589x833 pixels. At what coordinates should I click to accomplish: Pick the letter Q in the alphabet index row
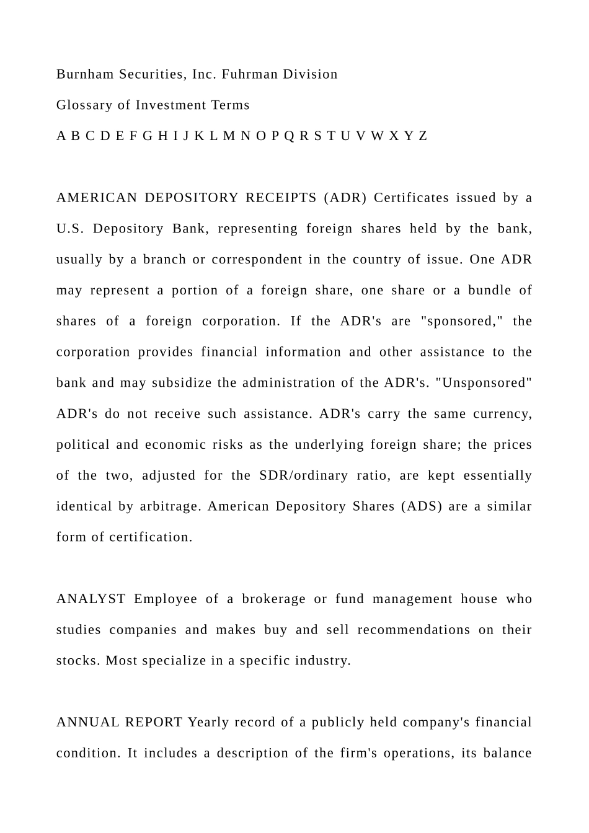pyautogui.click(x=289, y=136)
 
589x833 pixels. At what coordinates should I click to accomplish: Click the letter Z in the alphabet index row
pyautogui.click(x=423, y=136)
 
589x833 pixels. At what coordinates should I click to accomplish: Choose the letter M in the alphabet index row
pyautogui.click(x=229, y=136)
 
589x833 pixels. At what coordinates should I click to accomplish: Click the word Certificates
pyautogui.click(x=411, y=198)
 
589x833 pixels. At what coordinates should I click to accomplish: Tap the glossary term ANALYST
pyautogui.click(x=91, y=599)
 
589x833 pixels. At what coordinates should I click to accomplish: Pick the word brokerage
pyautogui.click(x=273, y=599)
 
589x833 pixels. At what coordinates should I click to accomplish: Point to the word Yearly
pyautogui.click(x=209, y=723)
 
